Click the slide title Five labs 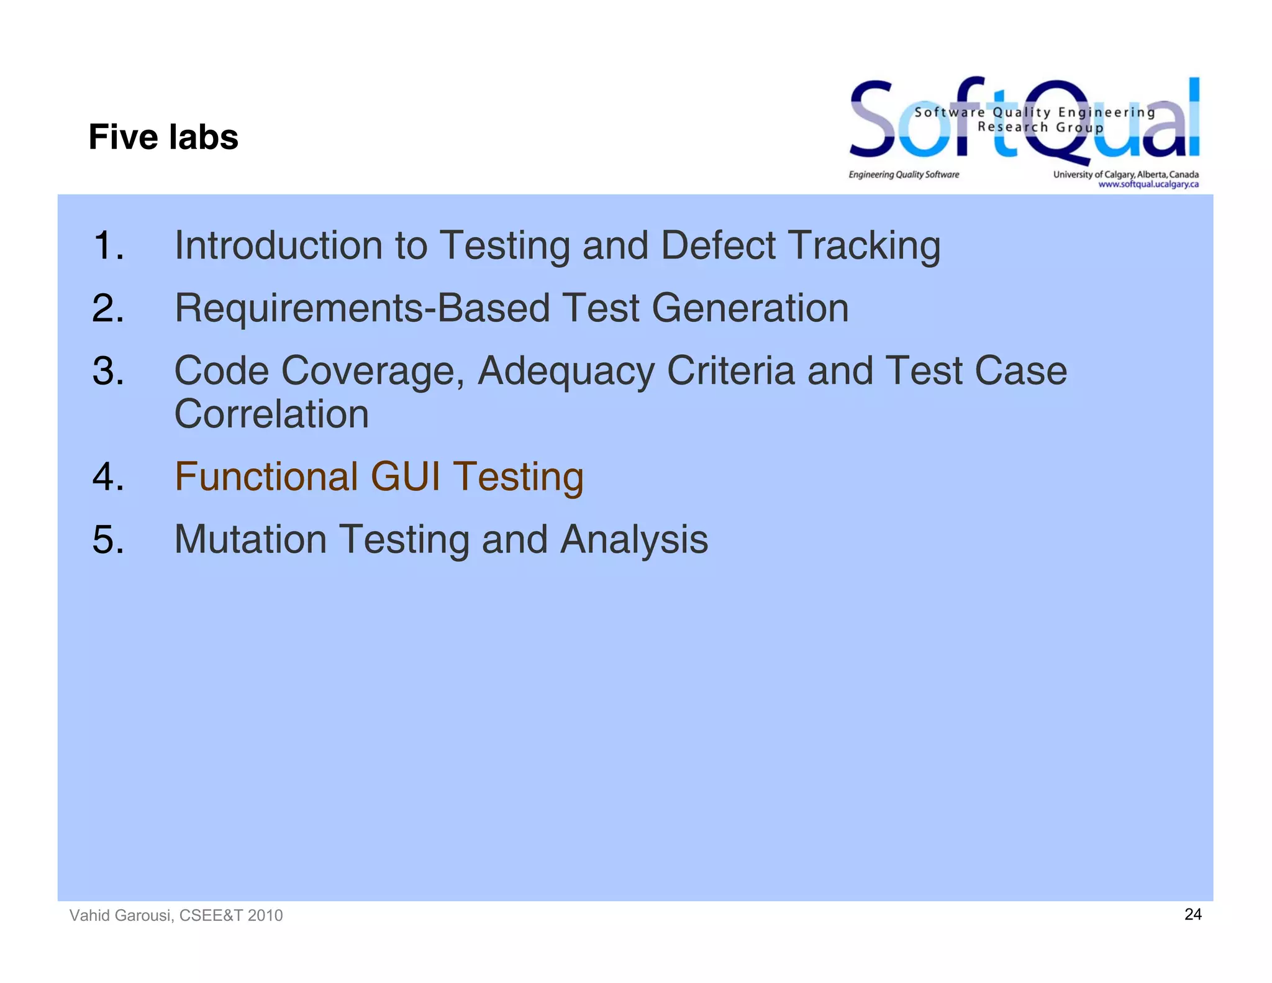coord(163,137)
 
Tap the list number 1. coord(108,245)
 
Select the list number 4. coord(108,477)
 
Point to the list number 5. coord(108,539)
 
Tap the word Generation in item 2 coord(750,309)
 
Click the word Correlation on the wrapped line coord(271,414)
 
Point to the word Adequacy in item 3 coord(565,372)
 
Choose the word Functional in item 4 coord(266,477)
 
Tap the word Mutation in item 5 coord(250,539)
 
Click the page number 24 coord(1192,914)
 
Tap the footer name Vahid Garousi coord(121,915)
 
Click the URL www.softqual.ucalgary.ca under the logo coord(1148,185)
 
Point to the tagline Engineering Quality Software coord(904,175)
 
